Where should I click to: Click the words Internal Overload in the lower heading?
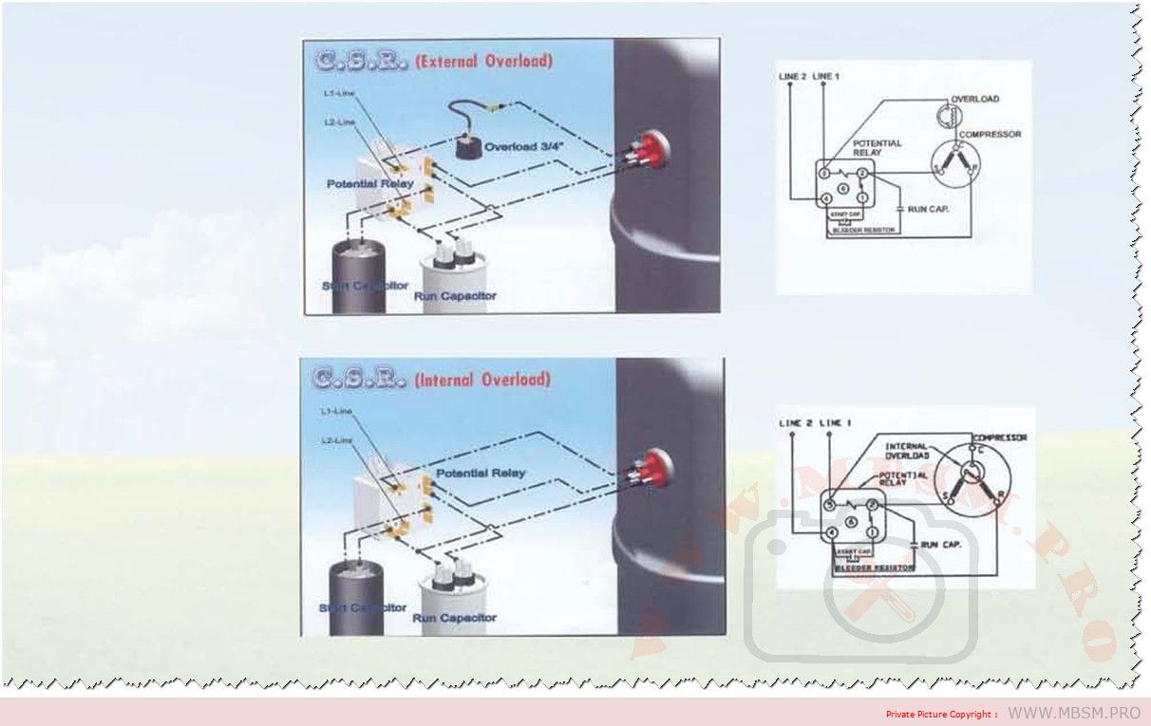tap(481, 380)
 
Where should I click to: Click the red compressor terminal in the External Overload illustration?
tap(650, 148)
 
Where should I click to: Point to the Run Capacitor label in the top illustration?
tap(455, 296)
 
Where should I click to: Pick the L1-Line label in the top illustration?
tap(339, 93)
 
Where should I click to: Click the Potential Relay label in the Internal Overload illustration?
tap(481, 473)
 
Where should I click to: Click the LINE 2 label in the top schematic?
tap(794, 76)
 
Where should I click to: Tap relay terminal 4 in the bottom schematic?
tap(833, 533)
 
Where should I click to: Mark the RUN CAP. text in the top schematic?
tap(928, 209)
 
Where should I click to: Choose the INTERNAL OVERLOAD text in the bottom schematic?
tap(906, 450)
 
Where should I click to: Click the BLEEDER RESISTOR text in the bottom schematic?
tap(874, 568)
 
